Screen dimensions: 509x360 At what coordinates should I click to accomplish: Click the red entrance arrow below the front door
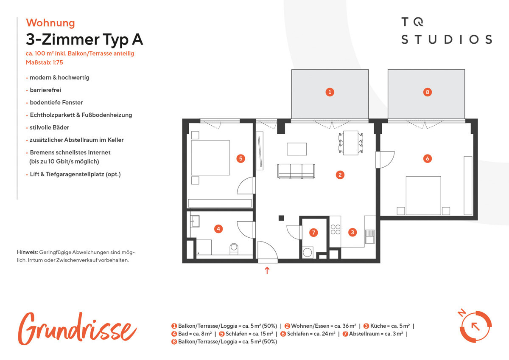[267, 270]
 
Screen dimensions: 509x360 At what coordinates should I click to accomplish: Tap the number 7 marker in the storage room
[313, 232]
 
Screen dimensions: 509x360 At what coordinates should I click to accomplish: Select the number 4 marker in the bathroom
[218, 229]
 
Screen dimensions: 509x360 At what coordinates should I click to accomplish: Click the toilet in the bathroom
[234, 249]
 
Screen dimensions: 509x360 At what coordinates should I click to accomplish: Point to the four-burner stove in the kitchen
[336, 229]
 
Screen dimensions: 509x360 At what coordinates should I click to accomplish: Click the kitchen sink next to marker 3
[370, 236]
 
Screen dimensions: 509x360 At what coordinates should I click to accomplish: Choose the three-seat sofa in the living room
[296, 171]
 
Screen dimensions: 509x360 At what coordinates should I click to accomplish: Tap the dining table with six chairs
[351, 143]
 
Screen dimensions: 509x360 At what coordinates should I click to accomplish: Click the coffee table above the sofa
[297, 149]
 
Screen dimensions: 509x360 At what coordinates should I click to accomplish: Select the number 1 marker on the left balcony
[330, 92]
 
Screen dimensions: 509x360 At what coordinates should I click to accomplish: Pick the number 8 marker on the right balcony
[428, 92]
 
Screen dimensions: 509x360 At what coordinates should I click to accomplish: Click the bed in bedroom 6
[423, 195]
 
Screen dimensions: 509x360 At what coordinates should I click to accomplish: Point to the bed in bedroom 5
[210, 157]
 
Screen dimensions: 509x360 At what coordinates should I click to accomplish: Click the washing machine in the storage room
[308, 253]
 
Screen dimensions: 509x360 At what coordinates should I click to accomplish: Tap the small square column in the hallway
[281, 218]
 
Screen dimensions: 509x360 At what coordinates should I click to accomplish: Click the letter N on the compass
[461, 313]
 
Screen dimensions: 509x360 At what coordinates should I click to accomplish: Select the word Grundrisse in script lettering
[77, 329]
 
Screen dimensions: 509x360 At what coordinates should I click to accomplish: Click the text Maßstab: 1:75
[44, 62]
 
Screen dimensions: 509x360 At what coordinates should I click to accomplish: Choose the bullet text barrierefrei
[45, 90]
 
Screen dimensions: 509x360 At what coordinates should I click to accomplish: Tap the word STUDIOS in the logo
[447, 39]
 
